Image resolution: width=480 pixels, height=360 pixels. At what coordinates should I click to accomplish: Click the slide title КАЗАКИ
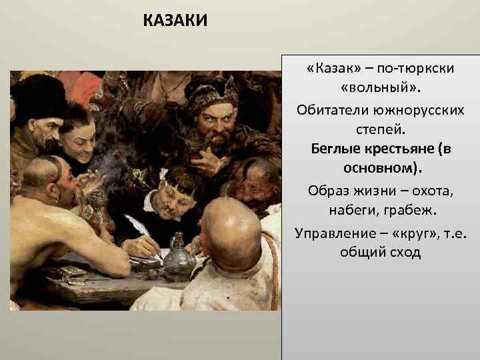pos(175,21)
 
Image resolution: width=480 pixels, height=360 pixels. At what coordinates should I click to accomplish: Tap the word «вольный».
pos(381,89)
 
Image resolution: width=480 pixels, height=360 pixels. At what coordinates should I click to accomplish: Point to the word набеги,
pos(352,211)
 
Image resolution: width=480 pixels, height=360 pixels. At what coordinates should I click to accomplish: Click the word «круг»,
pos(407,233)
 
